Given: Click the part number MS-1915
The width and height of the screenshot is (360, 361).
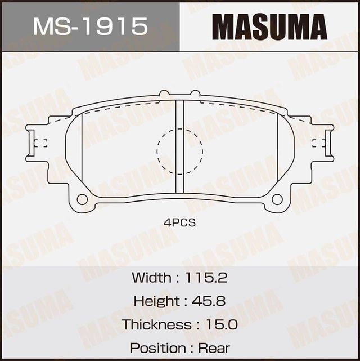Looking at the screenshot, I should pos(91,26).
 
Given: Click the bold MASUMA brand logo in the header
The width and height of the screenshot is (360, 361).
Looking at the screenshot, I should pos(269,26).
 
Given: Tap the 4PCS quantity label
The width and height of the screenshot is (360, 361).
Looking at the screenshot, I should pos(180,223).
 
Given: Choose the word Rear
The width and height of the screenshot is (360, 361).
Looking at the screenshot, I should pos(214,348).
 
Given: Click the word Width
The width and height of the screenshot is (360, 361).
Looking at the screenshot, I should pos(151,277).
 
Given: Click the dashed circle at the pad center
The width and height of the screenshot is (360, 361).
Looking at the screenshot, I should pos(180,151).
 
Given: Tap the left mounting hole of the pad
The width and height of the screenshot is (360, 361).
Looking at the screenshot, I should pos(82,199).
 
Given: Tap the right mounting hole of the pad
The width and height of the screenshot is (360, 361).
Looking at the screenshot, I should pos(277,199).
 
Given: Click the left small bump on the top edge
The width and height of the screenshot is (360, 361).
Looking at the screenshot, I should pos(164,93).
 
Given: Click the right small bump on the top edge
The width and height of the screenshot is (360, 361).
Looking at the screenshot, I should pos(195,93).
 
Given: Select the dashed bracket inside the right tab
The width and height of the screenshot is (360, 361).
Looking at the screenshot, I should pos(319,142).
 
